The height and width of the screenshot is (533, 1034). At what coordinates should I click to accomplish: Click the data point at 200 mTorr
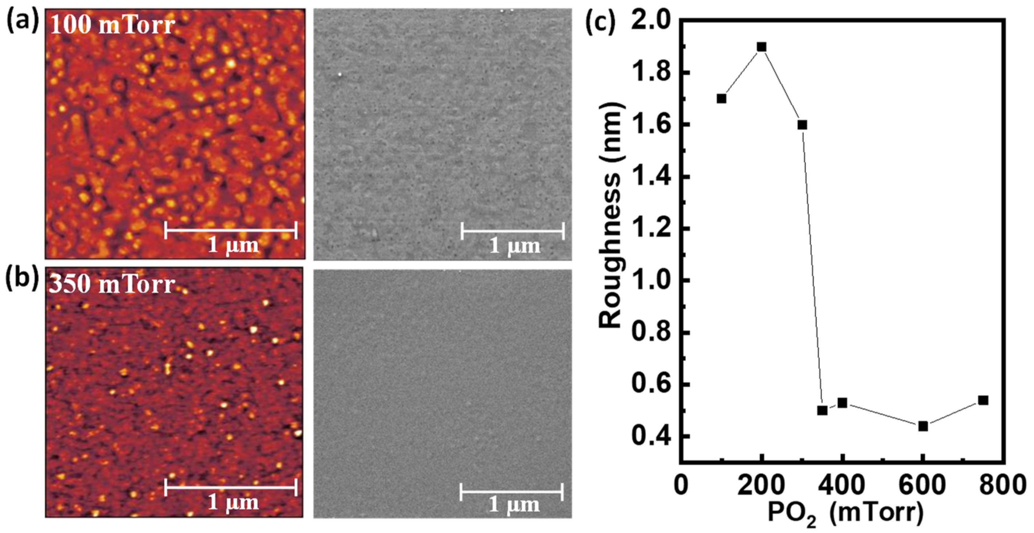pos(761,47)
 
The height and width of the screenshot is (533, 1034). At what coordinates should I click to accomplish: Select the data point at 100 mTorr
pos(721,98)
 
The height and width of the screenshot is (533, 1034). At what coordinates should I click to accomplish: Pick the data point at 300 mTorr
pos(802,125)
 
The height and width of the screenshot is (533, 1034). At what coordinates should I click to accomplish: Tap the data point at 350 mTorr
pos(822,411)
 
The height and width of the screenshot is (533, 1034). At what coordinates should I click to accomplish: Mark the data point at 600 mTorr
pos(923,426)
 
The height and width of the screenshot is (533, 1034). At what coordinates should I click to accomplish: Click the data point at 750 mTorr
pos(983,400)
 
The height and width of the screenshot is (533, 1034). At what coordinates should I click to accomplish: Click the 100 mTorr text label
pos(112,25)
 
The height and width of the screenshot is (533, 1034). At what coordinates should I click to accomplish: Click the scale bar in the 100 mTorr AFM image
pos(231,230)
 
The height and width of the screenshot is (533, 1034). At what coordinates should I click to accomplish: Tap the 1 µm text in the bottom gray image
pos(514,505)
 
